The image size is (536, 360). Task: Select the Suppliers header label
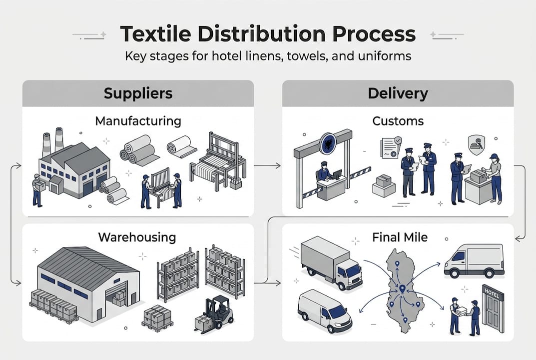tap(138, 93)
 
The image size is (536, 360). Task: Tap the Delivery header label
tap(398, 93)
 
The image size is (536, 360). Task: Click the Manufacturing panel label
tap(138, 121)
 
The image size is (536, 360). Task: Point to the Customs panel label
tap(398, 121)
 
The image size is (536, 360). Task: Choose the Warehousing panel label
tap(137, 236)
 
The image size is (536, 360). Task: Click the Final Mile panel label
tap(400, 236)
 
